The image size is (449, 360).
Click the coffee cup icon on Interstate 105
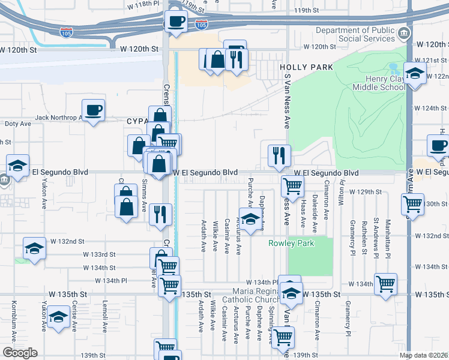coord(176,22)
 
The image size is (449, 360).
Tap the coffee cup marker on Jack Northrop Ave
coord(94,110)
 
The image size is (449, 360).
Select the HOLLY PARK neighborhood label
coord(306,68)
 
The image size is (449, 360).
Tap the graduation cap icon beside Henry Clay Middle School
coord(415,73)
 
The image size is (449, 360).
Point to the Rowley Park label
coord(289,244)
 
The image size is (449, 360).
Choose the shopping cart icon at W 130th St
coord(413,204)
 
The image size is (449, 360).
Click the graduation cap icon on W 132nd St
coord(35,248)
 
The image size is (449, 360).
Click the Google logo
coord(20,353)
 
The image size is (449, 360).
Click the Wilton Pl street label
coord(341,194)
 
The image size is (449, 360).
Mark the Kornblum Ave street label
coord(13,317)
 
